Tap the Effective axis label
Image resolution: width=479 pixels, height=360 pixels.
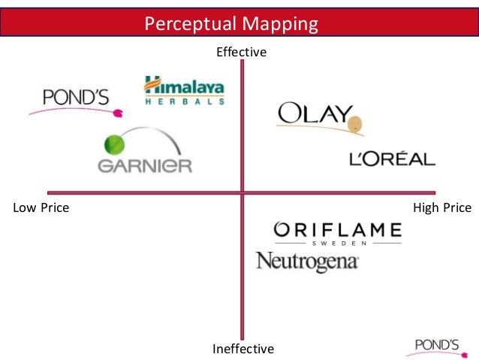tap(242, 52)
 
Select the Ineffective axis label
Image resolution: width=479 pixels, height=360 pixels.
tap(243, 349)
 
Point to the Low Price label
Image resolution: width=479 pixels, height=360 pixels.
tap(41, 207)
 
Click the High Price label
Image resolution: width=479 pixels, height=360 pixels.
tap(442, 207)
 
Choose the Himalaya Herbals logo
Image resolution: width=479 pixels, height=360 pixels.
tap(184, 90)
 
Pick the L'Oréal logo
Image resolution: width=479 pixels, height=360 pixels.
tap(392, 159)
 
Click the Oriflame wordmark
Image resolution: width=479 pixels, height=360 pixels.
tap(337, 229)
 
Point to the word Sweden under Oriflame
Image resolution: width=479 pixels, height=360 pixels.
tap(338, 244)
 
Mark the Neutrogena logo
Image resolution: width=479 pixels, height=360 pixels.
tap(307, 262)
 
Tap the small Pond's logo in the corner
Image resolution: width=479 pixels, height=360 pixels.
tap(437, 346)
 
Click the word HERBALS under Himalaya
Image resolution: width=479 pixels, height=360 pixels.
tap(184, 101)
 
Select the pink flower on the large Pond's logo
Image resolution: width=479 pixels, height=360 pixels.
tap(117, 114)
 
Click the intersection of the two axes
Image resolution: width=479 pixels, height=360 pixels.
tap(242, 192)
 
